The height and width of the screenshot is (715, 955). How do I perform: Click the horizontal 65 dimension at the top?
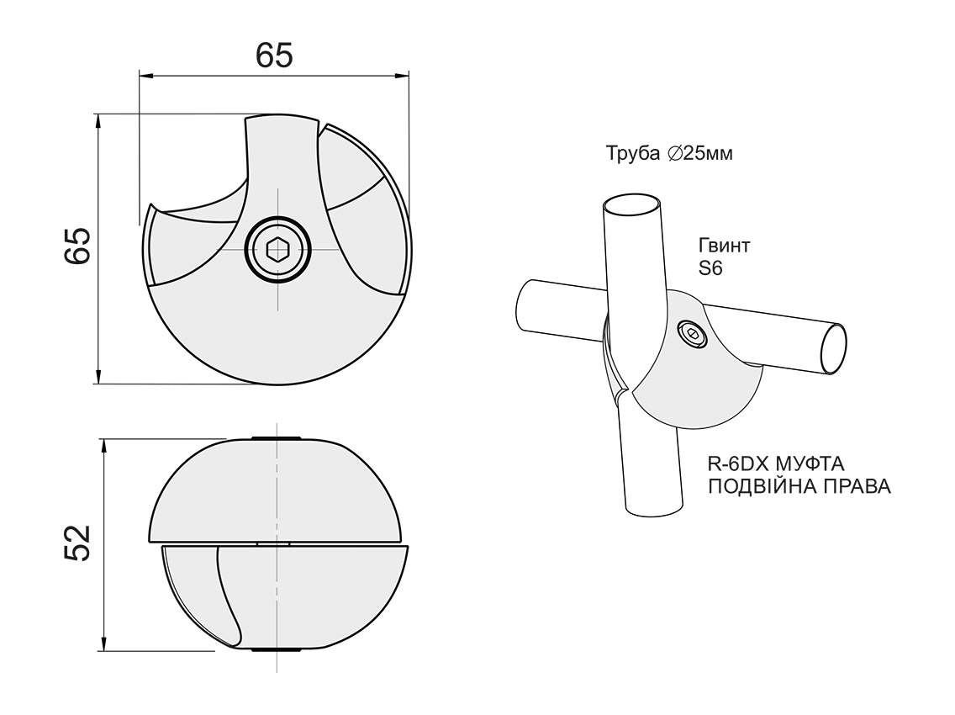pyautogui.click(x=274, y=56)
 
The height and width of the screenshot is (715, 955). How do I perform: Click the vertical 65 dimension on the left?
pyautogui.click(x=78, y=246)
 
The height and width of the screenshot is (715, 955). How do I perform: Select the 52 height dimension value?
pyautogui.click(x=78, y=543)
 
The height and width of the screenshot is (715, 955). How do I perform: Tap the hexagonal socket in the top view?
pyautogui.click(x=277, y=249)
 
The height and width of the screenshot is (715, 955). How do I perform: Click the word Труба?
pyautogui.click(x=633, y=153)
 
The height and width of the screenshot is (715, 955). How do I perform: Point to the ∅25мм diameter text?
pyautogui.click(x=700, y=154)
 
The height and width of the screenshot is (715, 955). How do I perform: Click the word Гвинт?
pyautogui.click(x=724, y=246)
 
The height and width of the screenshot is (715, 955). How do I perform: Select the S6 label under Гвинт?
pyautogui.click(x=710, y=268)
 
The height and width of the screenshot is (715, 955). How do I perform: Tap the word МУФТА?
pyautogui.click(x=810, y=463)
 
